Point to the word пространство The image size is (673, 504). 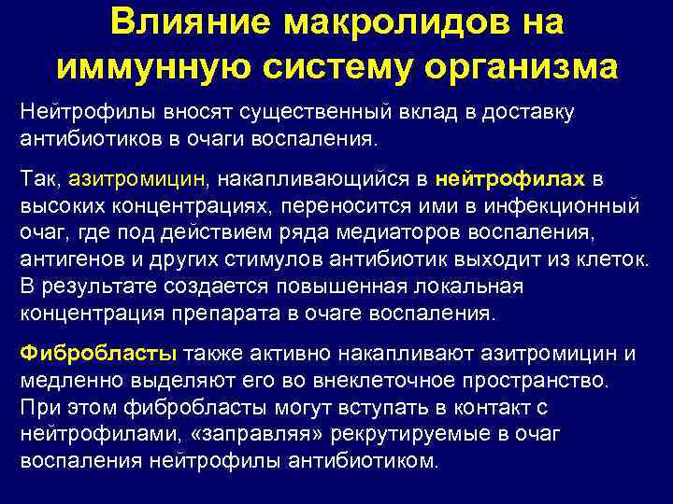[548, 380]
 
